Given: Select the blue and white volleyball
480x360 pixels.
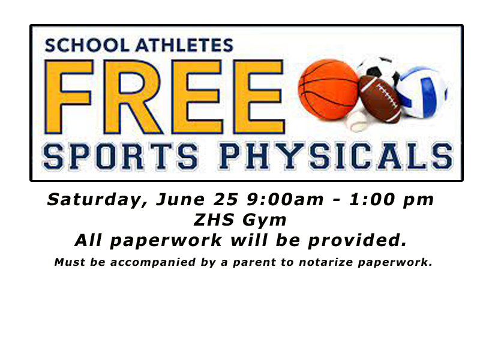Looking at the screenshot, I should point(422,92).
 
